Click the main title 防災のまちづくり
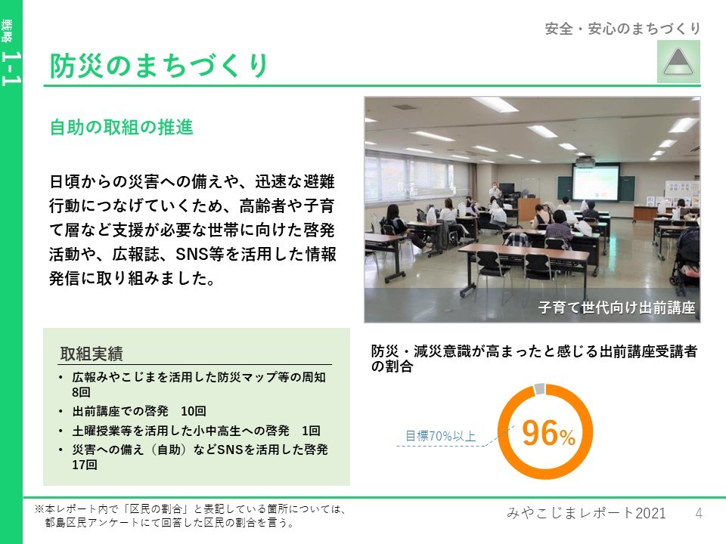pyautogui.click(x=159, y=65)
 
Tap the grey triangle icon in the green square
pyautogui.click(x=678, y=61)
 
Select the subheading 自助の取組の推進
pyautogui.click(x=121, y=127)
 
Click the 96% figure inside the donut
pyautogui.click(x=548, y=434)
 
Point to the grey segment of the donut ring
pyautogui.click(x=539, y=389)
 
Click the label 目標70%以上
pyautogui.click(x=440, y=436)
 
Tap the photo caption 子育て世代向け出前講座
pyautogui.click(x=617, y=308)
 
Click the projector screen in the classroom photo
pyautogui.click(x=595, y=183)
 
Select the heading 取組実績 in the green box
pyautogui.click(x=92, y=354)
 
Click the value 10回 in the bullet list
pyautogui.click(x=193, y=411)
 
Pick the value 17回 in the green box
pyautogui.click(x=84, y=465)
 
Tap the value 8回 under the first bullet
pyautogui.click(x=81, y=392)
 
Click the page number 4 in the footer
pyautogui.click(x=699, y=513)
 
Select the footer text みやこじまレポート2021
pyautogui.click(x=586, y=513)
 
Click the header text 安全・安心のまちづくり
pyautogui.click(x=622, y=29)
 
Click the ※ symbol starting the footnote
pyautogui.click(x=39, y=509)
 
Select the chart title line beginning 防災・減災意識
pyautogui.click(x=534, y=351)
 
